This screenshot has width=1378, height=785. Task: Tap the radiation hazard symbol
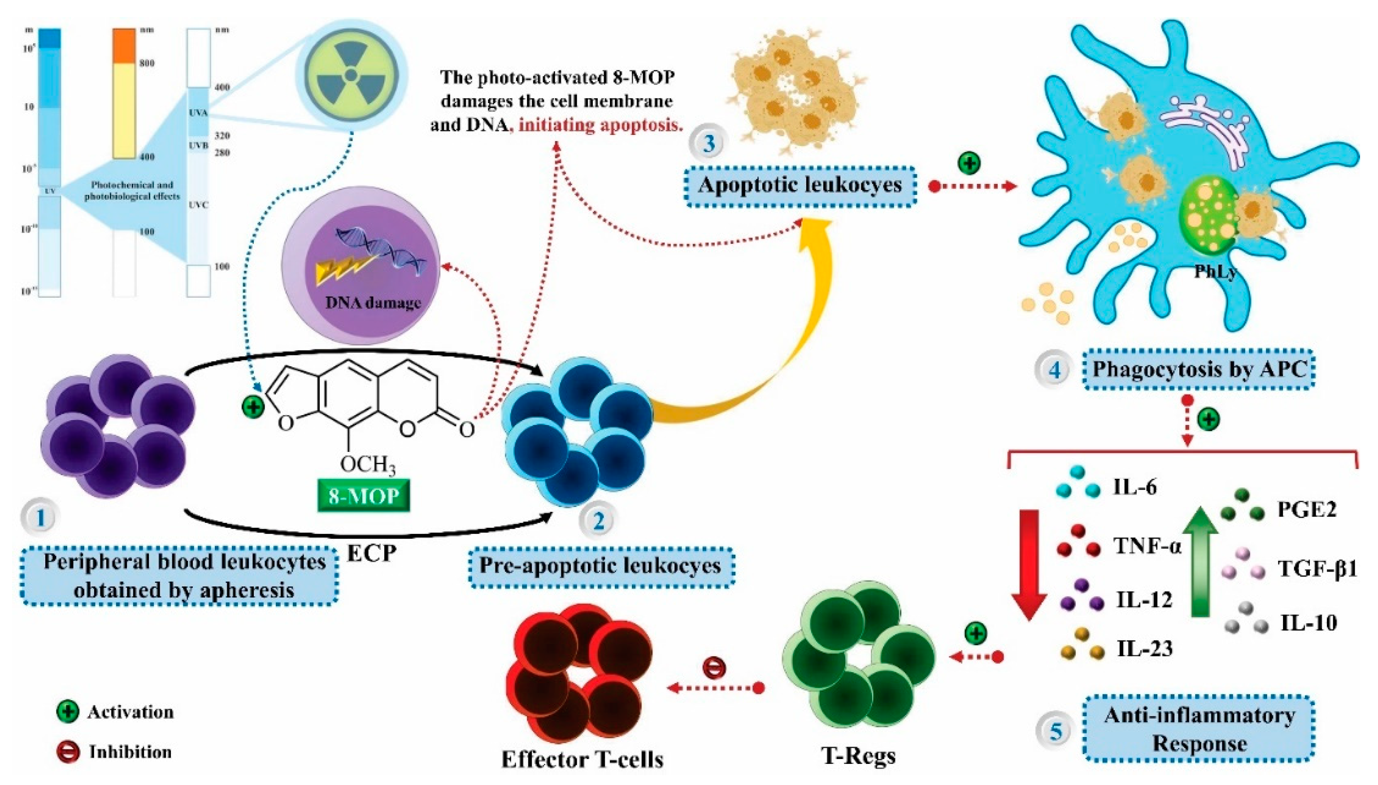[351, 75]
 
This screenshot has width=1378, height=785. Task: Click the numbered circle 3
[709, 144]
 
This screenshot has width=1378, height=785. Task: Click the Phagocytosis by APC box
[1199, 369]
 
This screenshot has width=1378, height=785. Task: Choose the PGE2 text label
[1307, 509]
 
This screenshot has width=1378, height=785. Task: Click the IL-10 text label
[1308, 623]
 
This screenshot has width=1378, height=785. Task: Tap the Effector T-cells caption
[582, 759]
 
